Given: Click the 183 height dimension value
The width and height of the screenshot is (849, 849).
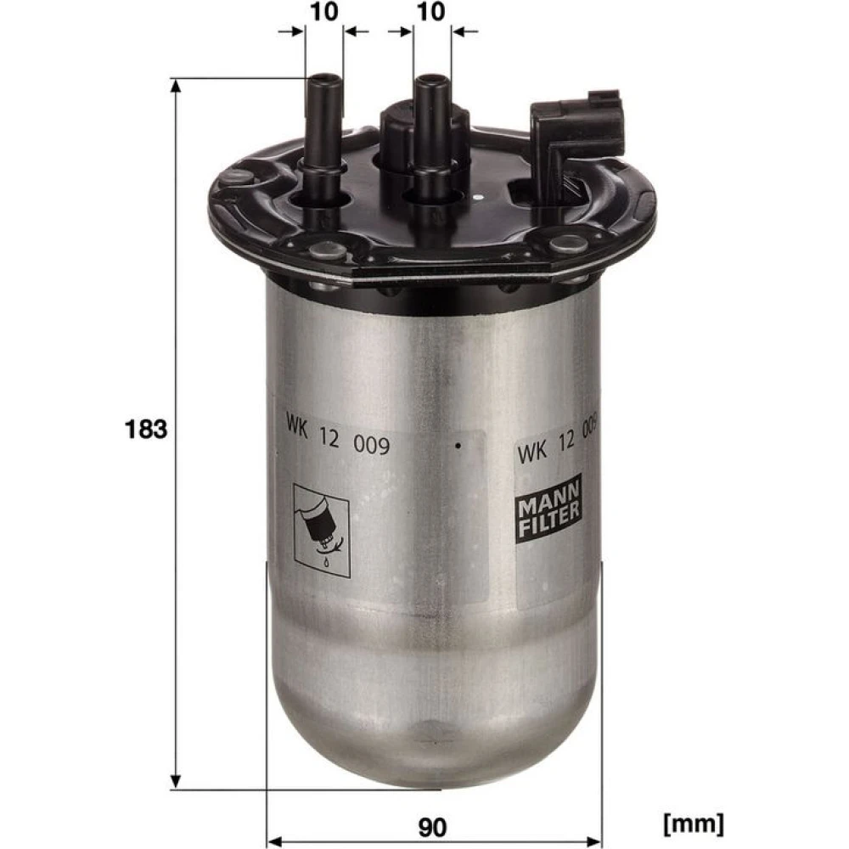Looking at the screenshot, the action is click(x=146, y=430).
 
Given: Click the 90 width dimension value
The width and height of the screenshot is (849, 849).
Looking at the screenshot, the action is click(x=432, y=827).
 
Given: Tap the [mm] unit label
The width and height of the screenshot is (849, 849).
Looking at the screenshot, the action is click(x=693, y=824).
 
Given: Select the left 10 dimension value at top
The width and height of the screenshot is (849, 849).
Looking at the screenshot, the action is click(x=323, y=12).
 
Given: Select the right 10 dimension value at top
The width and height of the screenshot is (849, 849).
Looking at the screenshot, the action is click(x=431, y=12).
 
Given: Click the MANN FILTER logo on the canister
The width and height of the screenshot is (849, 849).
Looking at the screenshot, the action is click(x=548, y=509).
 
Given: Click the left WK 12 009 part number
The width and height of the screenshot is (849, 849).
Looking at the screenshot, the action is click(x=338, y=436).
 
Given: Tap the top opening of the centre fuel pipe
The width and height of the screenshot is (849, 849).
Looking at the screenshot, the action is click(x=431, y=80).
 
